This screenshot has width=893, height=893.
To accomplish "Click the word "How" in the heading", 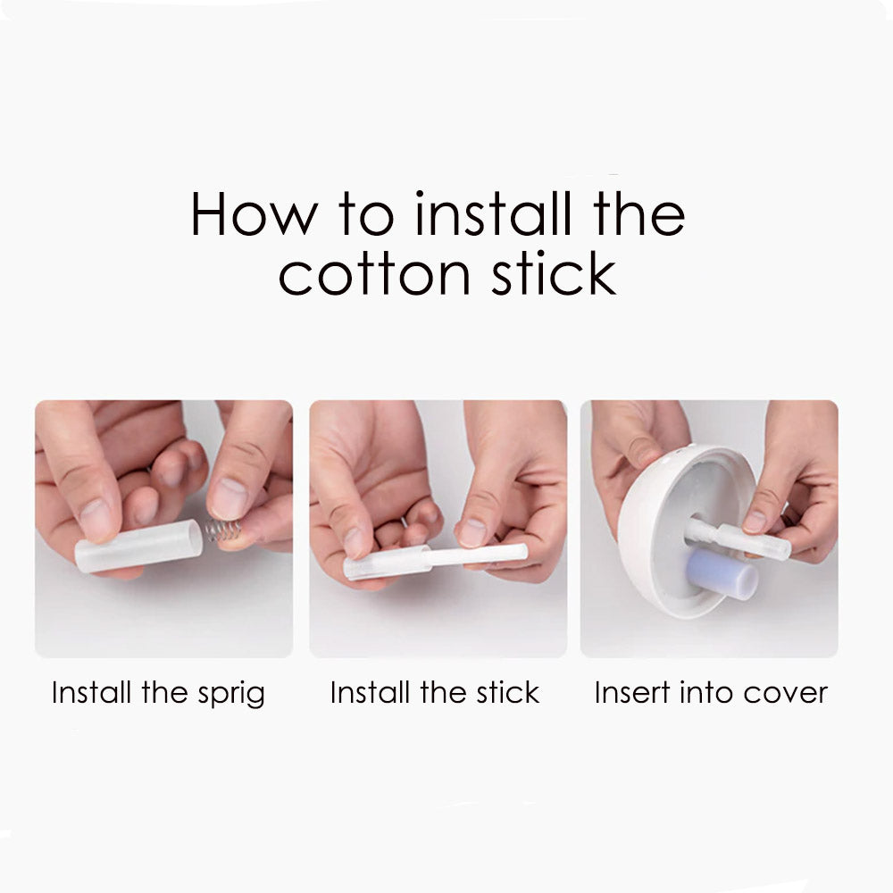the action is click(254, 213).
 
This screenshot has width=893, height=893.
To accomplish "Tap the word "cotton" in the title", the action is click(374, 274).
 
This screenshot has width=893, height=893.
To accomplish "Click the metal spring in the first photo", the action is click(222, 530).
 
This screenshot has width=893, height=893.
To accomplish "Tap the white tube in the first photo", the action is click(138, 546).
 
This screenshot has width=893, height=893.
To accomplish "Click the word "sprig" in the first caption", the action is click(231, 694).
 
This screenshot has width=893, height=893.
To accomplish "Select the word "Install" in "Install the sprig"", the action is click(92, 693).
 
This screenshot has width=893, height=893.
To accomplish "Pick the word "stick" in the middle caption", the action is click(507, 693).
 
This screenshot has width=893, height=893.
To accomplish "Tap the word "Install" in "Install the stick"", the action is click(371, 693).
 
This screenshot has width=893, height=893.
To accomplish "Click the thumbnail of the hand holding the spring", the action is click(164, 529).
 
